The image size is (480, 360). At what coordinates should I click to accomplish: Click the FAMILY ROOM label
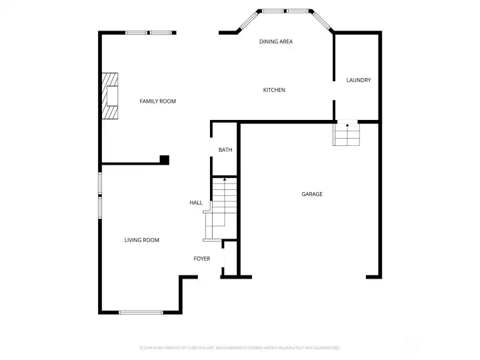tap(157, 101)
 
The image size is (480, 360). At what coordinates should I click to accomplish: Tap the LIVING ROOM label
tap(141, 240)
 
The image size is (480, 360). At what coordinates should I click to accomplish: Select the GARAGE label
tap(311, 194)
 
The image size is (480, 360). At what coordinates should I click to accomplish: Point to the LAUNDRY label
tap(358, 81)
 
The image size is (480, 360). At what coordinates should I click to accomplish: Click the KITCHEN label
tap(274, 90)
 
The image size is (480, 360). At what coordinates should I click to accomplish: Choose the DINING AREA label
tap(275, 42)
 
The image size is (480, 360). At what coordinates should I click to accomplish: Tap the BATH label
tap(225, 150)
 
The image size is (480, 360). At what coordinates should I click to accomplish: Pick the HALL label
tap(196, 203)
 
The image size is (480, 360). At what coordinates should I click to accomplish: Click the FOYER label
tap(202, 259)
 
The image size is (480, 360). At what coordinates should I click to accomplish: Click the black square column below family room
tap(164, 159)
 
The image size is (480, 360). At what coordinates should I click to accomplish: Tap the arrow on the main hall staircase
tap(225, 180)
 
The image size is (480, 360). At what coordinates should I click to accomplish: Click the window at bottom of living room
tap(141, 311)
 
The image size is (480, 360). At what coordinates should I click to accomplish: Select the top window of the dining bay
tap(285, 11)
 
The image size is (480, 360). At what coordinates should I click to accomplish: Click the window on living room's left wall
tap(101, 195)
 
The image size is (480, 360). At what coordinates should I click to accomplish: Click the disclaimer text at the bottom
tap(240, 347)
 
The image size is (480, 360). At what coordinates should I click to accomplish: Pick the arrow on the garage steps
tap(347, 125)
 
